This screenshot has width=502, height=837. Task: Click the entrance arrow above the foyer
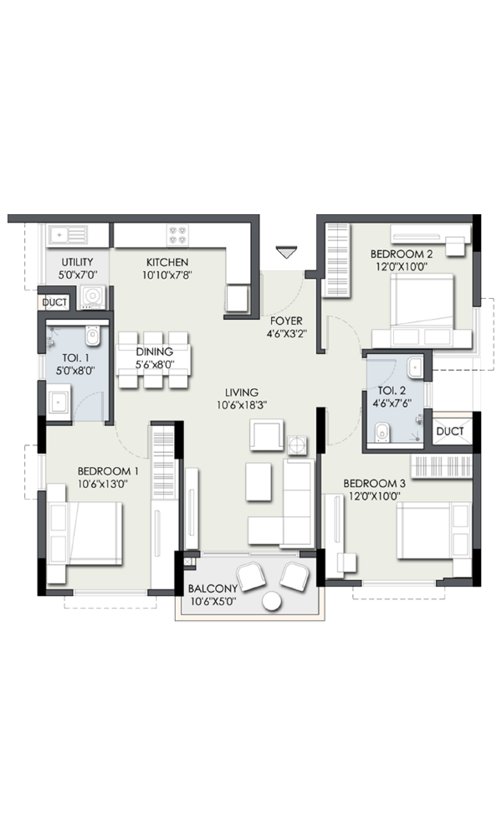(286, 252)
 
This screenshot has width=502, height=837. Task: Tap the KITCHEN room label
(167, 262)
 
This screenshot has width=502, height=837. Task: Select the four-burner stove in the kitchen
(178, 235)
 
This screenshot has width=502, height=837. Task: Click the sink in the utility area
(68, 235)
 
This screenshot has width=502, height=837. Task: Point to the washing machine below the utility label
(93, 297)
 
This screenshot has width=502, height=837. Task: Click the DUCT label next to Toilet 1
(54, 302)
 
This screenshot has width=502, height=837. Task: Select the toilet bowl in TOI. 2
(382, 433)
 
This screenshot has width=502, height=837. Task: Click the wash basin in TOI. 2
(415, 367)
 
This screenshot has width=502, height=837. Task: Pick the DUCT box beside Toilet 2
(451, 431)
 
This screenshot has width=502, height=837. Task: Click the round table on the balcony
(272, 601)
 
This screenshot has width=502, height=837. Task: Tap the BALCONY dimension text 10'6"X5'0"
(213, 601)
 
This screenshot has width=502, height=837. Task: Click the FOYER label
(286, 321)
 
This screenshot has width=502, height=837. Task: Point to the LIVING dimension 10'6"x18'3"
(242, 405)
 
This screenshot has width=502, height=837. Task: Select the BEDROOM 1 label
(108, 471)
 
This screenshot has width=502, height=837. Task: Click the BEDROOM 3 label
(374, 484)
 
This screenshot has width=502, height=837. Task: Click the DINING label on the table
(154, 352)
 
